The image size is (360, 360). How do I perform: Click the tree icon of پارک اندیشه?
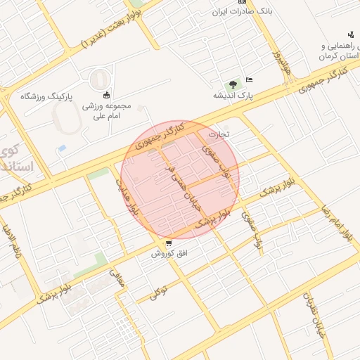point(233,83)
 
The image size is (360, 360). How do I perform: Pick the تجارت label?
point(219,133)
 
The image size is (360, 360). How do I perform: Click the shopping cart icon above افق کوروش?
point(168,243)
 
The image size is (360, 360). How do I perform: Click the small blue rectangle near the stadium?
point(62,149)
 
